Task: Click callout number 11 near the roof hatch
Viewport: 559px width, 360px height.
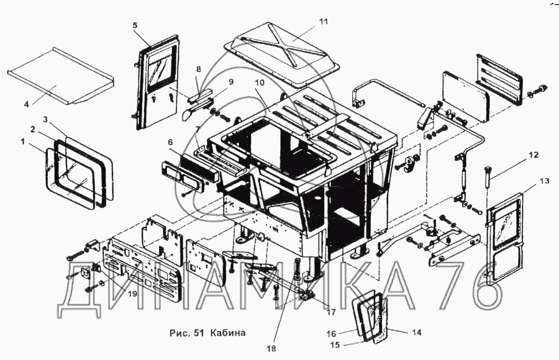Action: coord(324,21)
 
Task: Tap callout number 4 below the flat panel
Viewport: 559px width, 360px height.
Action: coord(27,104)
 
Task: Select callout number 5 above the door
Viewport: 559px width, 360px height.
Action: coord(135,25)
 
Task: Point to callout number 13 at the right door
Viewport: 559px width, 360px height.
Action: coord(544,181)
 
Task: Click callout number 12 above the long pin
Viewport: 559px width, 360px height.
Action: coord(534,155)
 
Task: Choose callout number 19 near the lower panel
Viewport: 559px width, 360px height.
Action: coord(132,294)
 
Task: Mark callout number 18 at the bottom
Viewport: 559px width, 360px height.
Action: coord(271,349)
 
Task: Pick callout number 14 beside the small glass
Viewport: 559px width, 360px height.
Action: coord(416,332)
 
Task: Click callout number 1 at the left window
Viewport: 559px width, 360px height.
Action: coord(23,142)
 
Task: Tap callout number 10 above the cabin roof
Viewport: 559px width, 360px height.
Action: coord(260,83)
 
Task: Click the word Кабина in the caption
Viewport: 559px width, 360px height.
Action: coord(228,333)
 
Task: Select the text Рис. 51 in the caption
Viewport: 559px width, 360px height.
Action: coord(187,333)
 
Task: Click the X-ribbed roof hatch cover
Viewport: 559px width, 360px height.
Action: coord(282,54)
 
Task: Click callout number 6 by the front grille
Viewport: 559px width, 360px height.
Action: coord(170,142)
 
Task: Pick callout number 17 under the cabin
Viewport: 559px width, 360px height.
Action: coord(331,312)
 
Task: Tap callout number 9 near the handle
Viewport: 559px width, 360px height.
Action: coord(231,82)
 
